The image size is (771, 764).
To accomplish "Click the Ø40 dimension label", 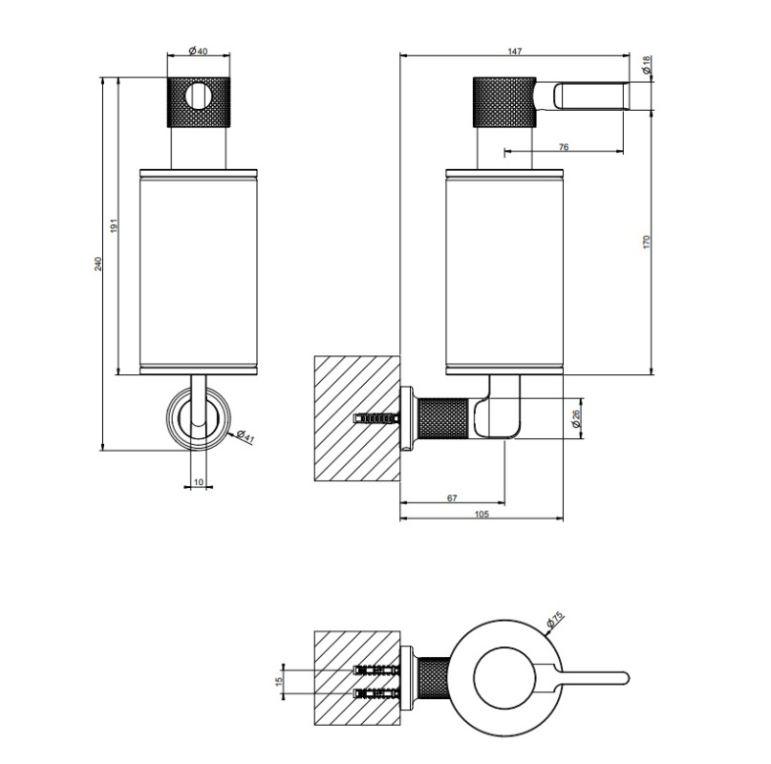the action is coord(198,51).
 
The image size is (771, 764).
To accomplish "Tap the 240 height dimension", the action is coord(98,264).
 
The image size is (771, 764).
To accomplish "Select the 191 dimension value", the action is coord(114,225).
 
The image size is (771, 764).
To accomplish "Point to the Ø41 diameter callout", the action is coord(245,436).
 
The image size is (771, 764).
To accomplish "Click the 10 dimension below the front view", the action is coord(198,482).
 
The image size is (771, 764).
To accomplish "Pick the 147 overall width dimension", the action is coord(515,52).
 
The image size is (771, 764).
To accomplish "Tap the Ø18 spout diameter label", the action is coord(647,65).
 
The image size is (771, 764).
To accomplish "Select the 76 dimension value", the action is coord(564,146).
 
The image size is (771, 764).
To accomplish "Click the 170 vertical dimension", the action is coord(646,242).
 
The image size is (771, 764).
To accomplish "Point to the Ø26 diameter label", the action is coord(577,418).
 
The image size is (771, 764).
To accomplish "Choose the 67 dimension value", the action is coord(452,498).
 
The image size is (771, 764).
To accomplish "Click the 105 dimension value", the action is coord(482,514).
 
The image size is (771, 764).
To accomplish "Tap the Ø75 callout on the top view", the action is coord(555,620).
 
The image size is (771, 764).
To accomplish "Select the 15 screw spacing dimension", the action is coord(279,681).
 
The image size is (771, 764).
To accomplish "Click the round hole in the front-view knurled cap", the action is coord(199,95).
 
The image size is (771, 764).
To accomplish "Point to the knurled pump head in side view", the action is coord(504,102).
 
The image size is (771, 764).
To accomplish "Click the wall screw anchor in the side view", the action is coord(377,419).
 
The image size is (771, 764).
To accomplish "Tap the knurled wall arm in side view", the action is coord(442,418).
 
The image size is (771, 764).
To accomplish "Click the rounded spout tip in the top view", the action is coord(625,678).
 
